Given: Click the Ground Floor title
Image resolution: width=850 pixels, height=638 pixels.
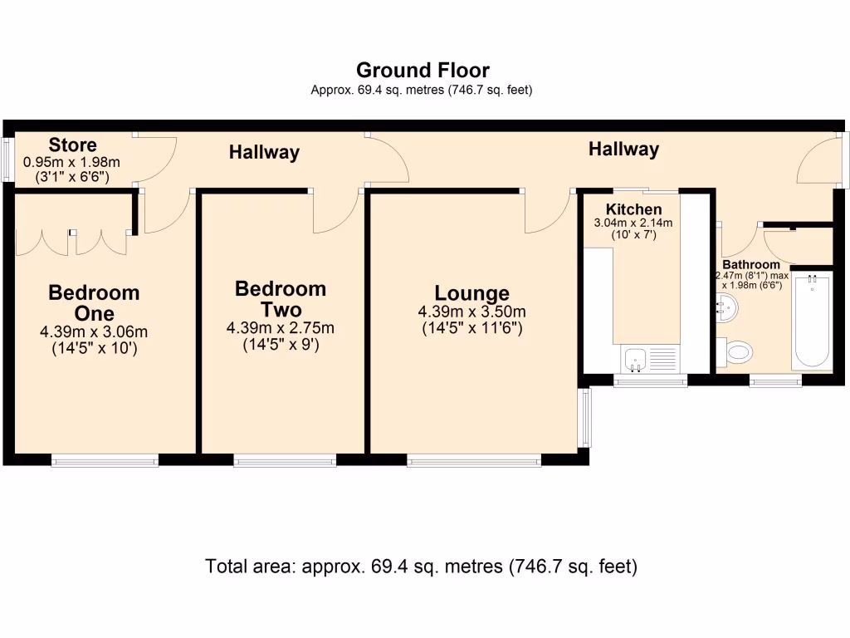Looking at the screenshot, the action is (x=423, y=71).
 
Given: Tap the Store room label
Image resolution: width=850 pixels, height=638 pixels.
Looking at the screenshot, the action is (x=73, y=145).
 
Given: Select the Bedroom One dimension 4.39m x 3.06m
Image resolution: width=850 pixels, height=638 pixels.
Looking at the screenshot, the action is (x=94, y=331).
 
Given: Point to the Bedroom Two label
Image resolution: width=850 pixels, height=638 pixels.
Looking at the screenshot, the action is (x=281, y=299).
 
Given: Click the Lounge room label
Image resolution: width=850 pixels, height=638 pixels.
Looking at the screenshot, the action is (x=471, y=293).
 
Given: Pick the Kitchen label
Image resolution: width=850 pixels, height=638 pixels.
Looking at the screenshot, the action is (x=633, y=209).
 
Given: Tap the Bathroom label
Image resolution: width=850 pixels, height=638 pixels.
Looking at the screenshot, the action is (x=751, y=265).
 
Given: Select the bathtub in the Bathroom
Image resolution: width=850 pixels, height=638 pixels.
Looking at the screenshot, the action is (x=812, y=322).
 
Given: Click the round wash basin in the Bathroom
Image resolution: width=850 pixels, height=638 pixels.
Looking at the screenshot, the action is (x=726, y=307).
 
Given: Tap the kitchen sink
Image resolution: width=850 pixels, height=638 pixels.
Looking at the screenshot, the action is (x=635, y=359).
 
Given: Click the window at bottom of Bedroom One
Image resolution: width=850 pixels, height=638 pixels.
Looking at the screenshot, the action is (x=105, y=460).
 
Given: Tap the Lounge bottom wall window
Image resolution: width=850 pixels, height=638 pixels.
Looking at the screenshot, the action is (x=474, y=460).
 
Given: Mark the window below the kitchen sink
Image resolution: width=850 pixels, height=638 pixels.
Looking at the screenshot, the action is (x=651, y=380).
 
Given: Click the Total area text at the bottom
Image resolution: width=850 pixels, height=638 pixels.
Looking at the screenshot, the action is (x=421, y=567).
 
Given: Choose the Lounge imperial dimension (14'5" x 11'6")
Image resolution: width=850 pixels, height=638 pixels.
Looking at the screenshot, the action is (x=472, y=327).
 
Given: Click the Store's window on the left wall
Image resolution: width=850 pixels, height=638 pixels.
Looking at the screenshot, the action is (x=7, y=159).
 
